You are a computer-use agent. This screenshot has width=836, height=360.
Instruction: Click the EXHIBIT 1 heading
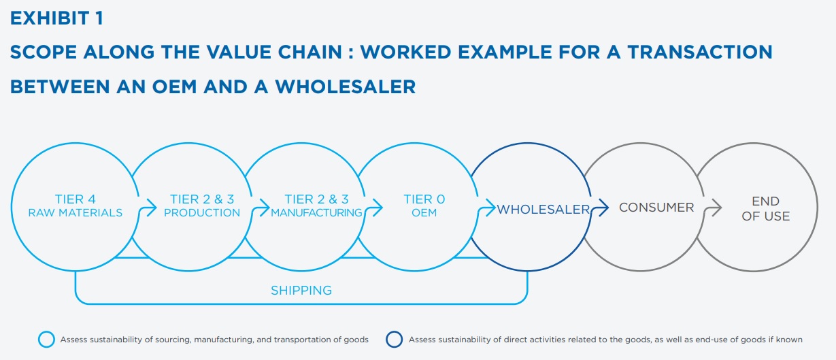coord(56,18)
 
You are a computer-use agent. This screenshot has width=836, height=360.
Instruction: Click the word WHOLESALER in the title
coord(346,86)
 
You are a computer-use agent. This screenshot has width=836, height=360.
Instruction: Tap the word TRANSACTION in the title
coord(700,52)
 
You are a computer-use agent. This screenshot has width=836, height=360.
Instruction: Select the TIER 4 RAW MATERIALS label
coord(76,206)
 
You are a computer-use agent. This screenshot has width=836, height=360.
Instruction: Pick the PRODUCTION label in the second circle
coord(202,212)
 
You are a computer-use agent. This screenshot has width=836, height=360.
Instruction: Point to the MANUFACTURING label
coord(316,212)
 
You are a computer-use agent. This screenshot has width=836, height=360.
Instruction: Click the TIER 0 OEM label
coord(424,206)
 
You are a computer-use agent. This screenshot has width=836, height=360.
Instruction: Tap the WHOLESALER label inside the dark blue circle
coord(543,210)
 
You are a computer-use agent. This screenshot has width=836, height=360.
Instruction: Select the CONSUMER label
coord(656,208)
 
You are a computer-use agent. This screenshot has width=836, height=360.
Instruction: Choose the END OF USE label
coord(766,209)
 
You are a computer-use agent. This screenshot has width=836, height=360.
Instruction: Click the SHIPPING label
coord(301,290)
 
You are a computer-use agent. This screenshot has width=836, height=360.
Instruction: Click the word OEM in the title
coord(174,86)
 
